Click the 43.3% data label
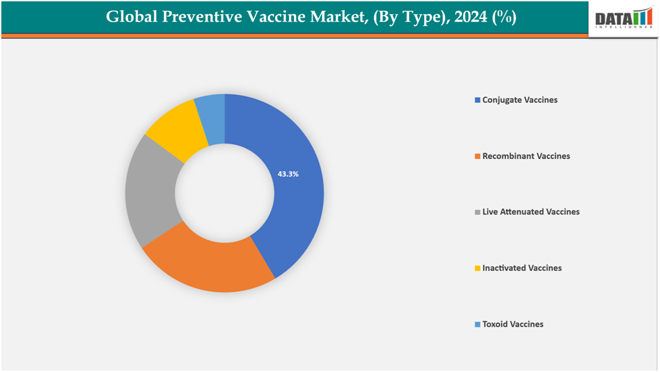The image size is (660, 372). point(288,174)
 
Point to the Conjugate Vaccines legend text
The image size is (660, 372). point(520,100)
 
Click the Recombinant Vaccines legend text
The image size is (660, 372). point(526,156)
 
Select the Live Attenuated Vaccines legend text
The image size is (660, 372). point(531,212)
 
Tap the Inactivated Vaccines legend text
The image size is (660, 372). point(522,268)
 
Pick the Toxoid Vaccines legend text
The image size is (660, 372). point(512,324)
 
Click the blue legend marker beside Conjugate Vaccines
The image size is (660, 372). point(477,100)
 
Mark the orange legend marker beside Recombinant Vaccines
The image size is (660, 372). point(477,156)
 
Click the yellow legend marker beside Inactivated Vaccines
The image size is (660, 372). point(477,268)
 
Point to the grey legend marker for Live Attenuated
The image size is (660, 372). point(477,212)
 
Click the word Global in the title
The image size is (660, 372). point(130,17)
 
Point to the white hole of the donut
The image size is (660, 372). point(224,193)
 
